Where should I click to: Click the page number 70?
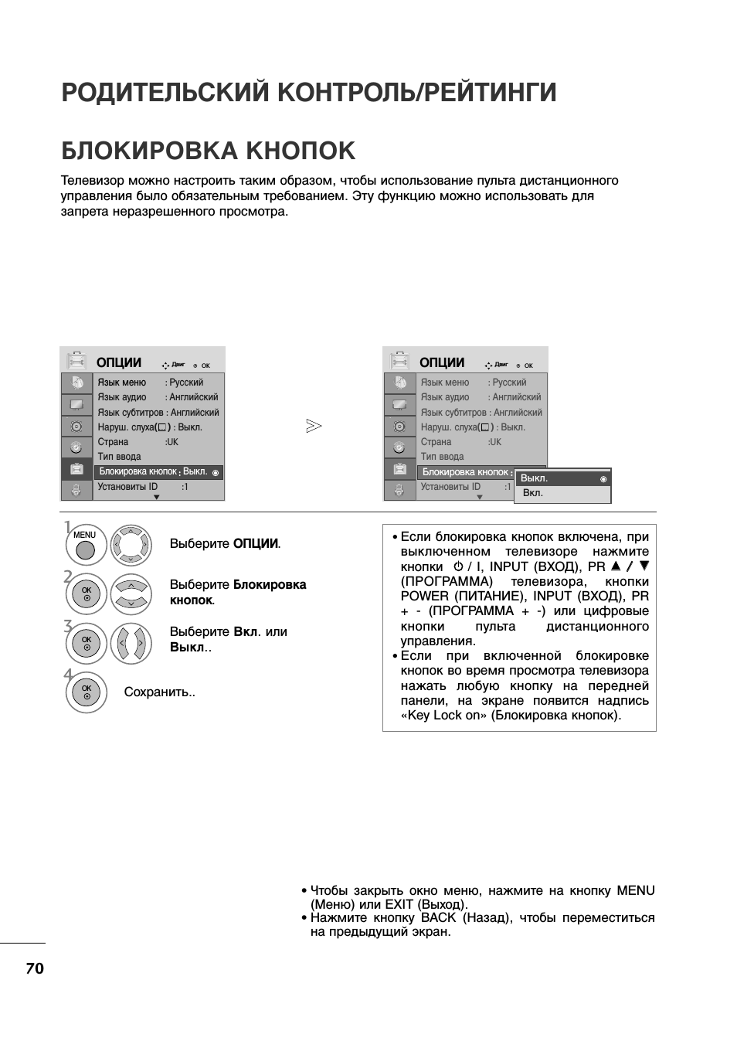(35, 969)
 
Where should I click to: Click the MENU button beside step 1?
(86, 549)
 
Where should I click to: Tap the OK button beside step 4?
(87, 692)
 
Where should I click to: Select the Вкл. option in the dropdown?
(533, 493)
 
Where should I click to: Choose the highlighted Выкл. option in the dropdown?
(535, 478)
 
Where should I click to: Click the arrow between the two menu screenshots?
(314, 426)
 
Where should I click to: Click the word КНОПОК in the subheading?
(301, 150)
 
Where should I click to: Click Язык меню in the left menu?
(122, 383)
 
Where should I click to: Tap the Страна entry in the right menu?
(436, 442)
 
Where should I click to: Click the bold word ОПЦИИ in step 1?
(256, 544)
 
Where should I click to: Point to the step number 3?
(68, 627)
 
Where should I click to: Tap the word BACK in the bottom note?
(438, 917)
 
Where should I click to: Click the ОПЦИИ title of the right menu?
(442, 362)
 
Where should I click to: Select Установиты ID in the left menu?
(127, 487)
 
